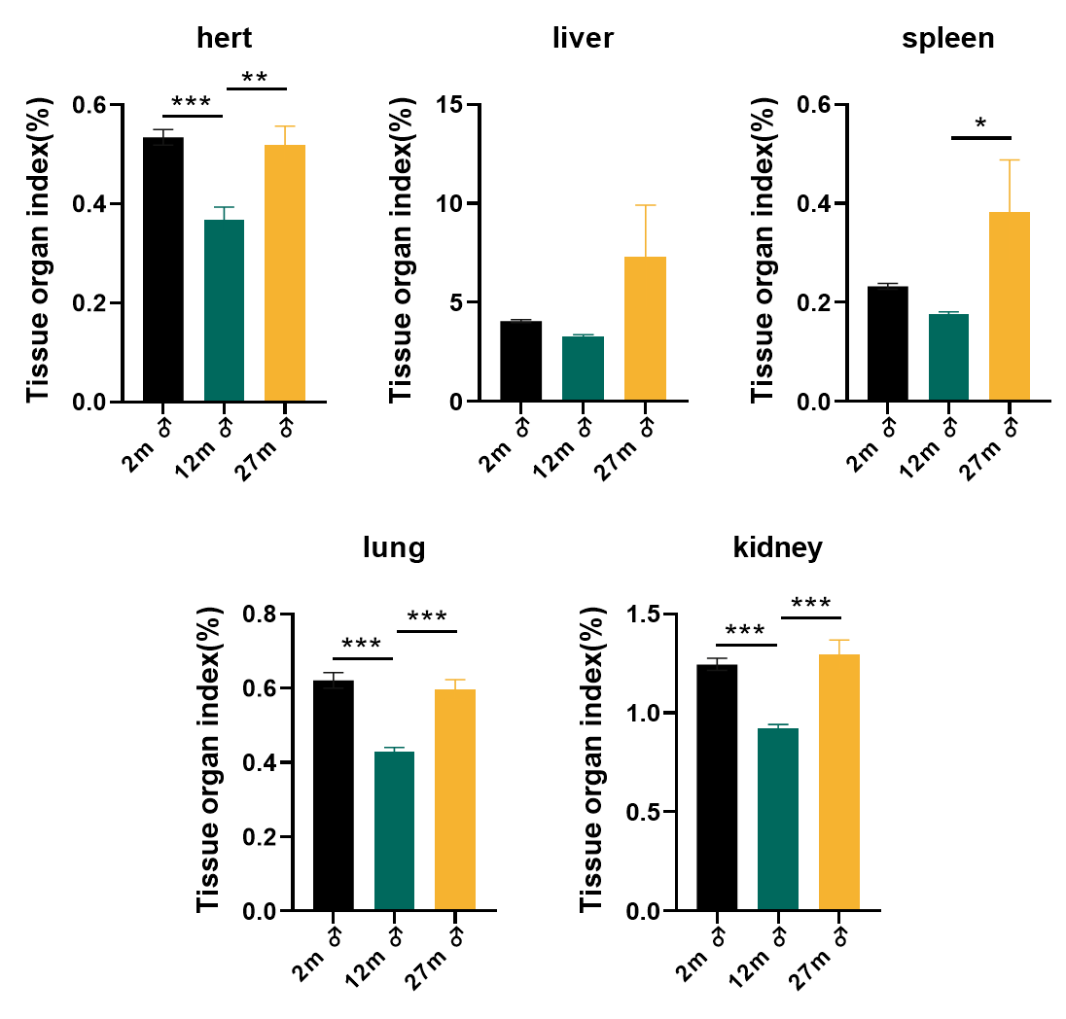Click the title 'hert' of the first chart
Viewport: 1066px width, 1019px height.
point(224,39)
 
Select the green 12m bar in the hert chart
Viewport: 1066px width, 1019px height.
point(224,311)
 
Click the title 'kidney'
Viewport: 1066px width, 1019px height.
point(777,547)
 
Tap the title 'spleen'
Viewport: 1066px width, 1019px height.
point(947,39)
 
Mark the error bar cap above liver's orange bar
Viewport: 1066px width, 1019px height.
point(646,205)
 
